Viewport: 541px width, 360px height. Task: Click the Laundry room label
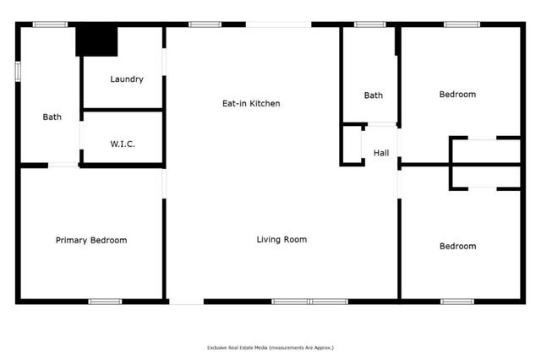pos(127,79)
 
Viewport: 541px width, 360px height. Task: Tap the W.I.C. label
pos(123,144)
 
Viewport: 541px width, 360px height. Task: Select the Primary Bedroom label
pos(91,240)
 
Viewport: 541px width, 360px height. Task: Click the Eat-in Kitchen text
pos(250,103)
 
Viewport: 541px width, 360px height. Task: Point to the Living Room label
pos(281,239)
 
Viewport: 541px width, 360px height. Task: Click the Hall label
pos(381,153)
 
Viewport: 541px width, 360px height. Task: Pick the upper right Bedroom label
pos(457,95)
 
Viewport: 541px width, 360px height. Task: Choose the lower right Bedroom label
pos(457,246)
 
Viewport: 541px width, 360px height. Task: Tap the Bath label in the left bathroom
pos(52,117)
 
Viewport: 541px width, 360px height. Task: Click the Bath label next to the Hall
pos(374,95)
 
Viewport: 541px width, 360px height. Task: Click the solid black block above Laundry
pos(96,41)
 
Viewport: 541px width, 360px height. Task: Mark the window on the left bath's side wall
pos(17,71)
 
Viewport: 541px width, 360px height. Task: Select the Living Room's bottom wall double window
pos(309,301)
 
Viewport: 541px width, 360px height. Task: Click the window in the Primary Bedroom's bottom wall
pos(106,301)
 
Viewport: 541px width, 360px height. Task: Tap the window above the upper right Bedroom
pos(462,25)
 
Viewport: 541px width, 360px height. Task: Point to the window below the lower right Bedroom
pos(457,301)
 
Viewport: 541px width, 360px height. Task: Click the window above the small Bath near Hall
pos(369,25)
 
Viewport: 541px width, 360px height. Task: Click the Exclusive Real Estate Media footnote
pos(270,347)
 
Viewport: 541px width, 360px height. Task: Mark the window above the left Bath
pos(50,25)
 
